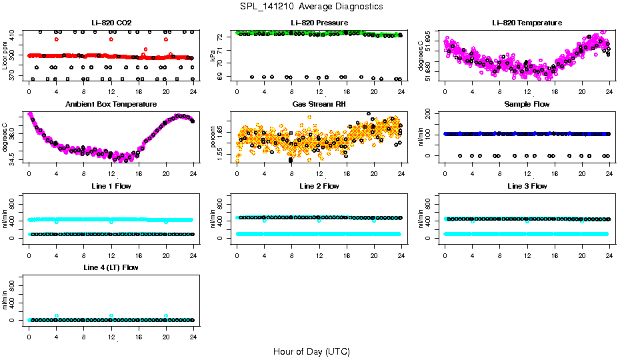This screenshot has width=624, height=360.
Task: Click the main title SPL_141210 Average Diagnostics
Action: [312, 6]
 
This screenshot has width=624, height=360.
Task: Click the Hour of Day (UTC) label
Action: [311, 351]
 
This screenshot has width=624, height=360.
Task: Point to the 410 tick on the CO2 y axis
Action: [14, 33]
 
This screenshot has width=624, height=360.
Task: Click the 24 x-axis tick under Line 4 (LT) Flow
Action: [193, 338]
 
